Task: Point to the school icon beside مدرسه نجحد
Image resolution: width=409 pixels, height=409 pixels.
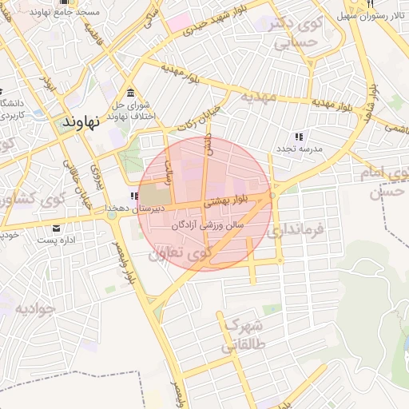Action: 300,136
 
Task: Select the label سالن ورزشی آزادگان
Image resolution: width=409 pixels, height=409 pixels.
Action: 207,226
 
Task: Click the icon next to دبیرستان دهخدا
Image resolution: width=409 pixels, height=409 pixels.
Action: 133,197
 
